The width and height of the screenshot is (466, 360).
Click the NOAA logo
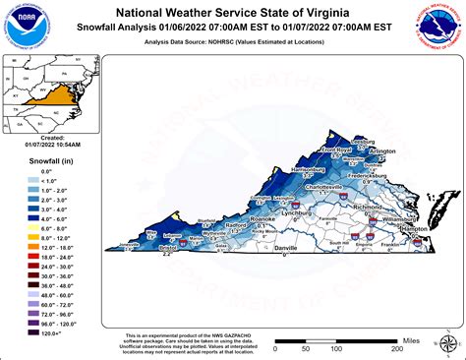click(24, 24)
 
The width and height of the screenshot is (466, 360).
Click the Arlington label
click(381, 151)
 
